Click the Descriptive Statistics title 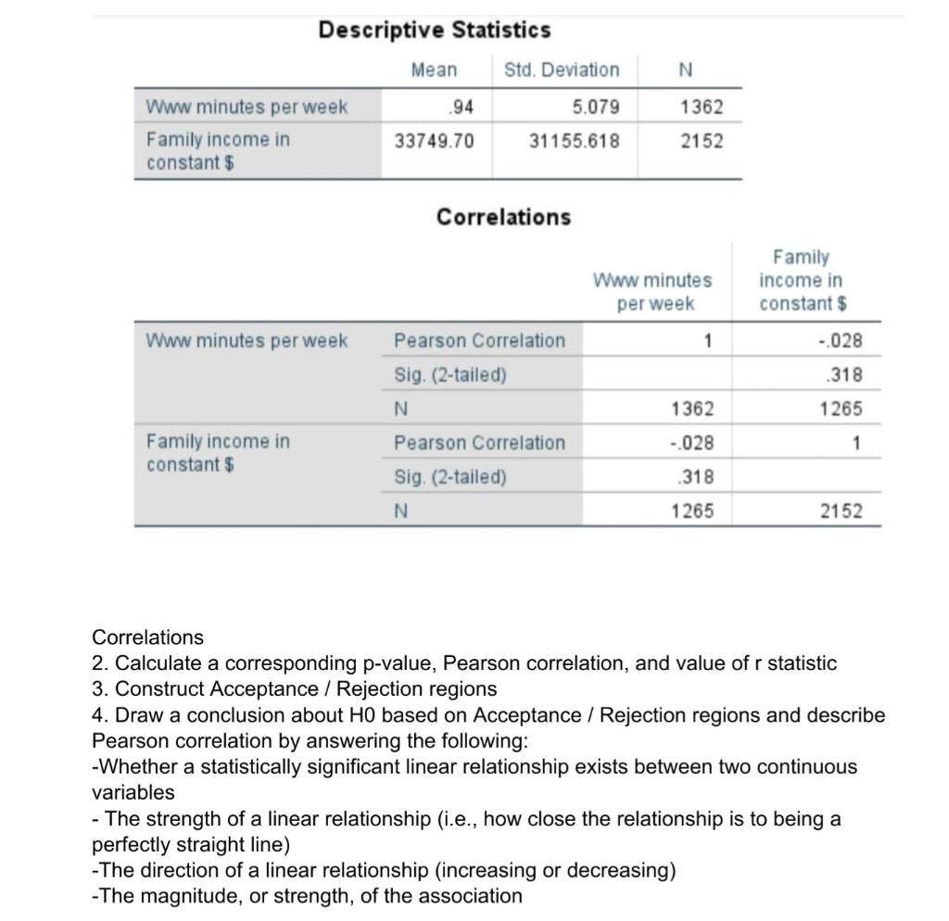point(435,31)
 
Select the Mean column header point(434,70)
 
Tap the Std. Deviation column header point(562,70)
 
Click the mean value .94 point(462,107)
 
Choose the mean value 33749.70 point(434,141)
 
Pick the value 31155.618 point(574,141)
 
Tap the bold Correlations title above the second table point(503,217)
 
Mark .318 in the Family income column point(848,375)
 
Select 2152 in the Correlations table point(841,511)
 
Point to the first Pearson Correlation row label point(479,340)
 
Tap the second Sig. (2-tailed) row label point(450,477)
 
